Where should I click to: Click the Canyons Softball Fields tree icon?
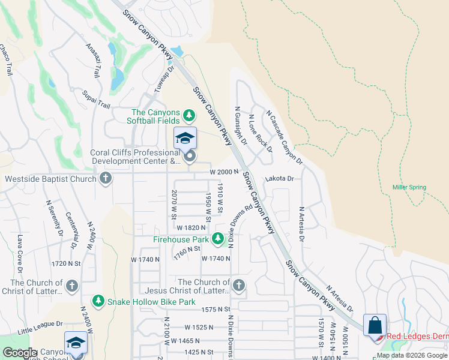[189, 115]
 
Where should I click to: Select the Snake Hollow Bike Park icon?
[97, 300]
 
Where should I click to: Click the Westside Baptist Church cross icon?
[106, 178]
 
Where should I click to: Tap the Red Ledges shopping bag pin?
[375, 326]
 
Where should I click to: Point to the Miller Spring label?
[409, 187]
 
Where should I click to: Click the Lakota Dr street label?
[279, 179]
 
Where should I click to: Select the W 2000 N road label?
[224, 172]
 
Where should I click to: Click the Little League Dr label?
[40, 326]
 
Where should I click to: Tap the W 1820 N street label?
[192, 227]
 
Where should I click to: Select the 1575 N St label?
[217, 309]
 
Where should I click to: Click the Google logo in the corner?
[20, 353]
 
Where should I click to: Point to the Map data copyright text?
[412, 355]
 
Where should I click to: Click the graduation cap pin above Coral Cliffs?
[185, 139]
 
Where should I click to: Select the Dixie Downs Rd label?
[237, 222]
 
